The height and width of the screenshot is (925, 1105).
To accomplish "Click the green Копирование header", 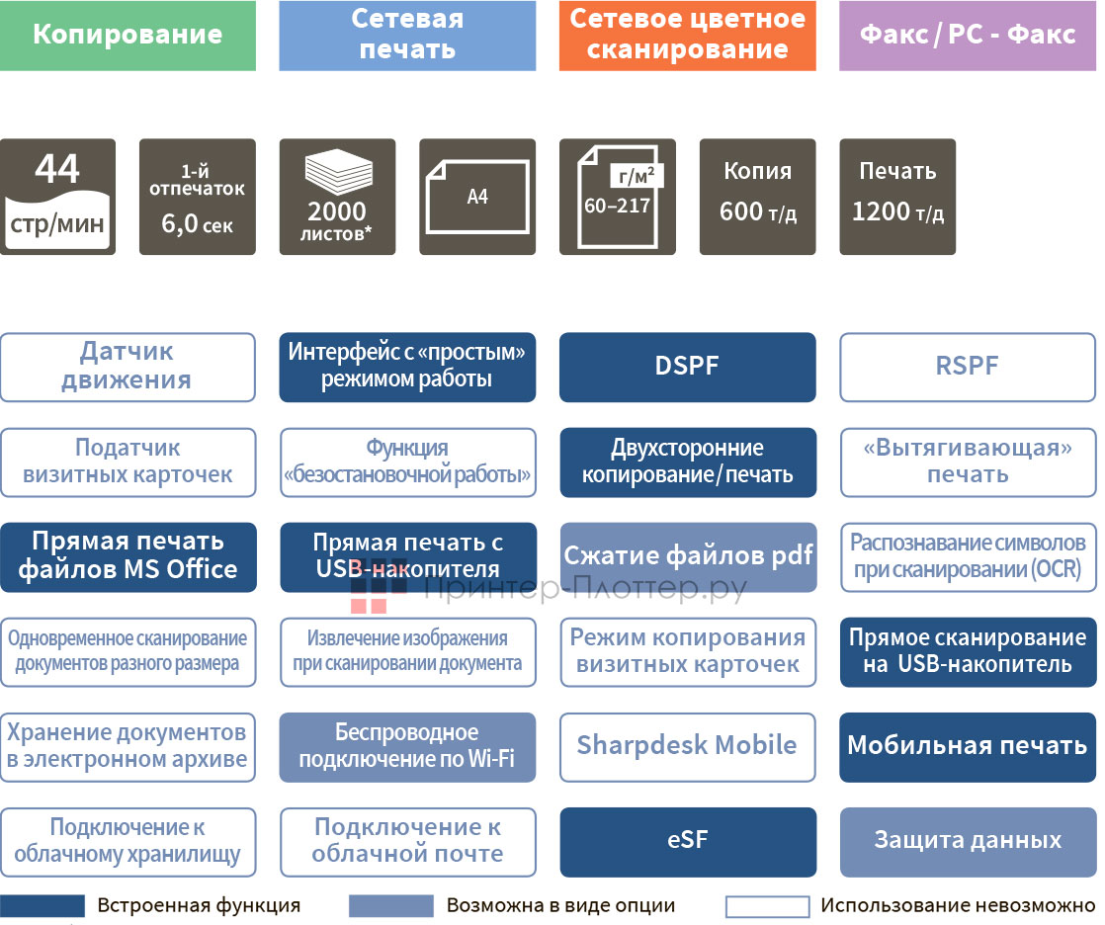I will [127, 36].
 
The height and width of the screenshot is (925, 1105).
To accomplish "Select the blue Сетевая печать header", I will [407, 36].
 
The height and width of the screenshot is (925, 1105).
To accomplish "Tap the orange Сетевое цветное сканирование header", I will [687, 36].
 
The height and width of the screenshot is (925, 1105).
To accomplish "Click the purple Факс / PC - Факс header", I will [967, 36].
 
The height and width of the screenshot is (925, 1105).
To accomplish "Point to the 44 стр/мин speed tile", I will [57, 197].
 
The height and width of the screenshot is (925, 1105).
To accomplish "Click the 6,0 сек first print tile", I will [198, 197].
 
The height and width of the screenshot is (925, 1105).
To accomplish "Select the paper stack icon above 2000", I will [337, 175].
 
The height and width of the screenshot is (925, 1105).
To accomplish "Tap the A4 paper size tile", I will [477, 197].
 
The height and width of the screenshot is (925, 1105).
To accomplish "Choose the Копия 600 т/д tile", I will [758, 197].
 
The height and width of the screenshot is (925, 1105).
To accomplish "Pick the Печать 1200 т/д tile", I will [897, 197].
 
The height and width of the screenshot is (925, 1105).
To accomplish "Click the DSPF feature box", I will [687, 367].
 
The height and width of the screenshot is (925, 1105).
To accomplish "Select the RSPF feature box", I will [967, 367].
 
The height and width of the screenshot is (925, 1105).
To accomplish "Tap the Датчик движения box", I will [127, 367].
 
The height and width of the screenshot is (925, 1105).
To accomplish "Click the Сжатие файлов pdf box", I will [688, 556].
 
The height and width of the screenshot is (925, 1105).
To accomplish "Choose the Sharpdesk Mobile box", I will [687, 746].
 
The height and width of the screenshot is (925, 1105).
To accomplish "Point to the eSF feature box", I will [687, 841].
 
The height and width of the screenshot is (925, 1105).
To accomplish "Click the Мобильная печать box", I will [967, 746].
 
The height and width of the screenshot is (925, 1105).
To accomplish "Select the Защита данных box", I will [967, 841].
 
